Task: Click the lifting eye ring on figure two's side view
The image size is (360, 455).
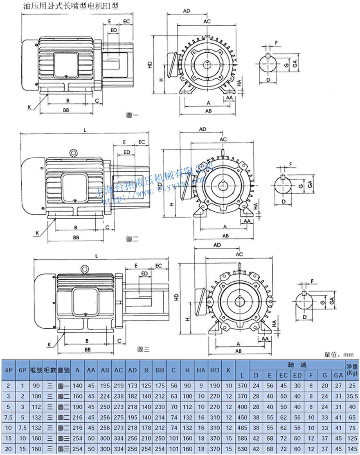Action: (74, 153)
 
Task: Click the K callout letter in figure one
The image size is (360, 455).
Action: (29, 107)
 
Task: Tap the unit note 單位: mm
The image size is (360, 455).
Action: (339, 354)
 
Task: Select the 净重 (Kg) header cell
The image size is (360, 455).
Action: (352, 370)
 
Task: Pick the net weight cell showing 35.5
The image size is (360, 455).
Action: (352, 396)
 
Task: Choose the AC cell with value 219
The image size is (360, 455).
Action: (119, 386)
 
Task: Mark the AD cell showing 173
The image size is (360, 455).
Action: (133, 386)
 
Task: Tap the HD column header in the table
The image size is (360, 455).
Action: (215, 370)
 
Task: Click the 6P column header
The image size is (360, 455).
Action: (22, 370)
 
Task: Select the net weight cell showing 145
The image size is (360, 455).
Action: (352, 449)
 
